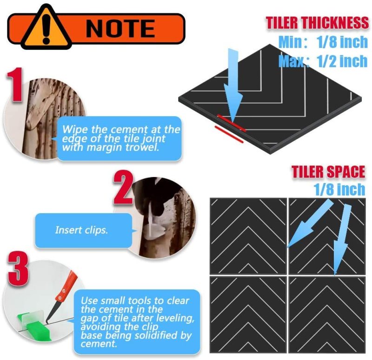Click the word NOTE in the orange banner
pos(120,28)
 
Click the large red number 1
pos(15,85)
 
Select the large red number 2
pos(123,188)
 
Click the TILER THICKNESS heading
pos(318,23)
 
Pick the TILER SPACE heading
pos(328,171)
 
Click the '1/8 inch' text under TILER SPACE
pos(339,189)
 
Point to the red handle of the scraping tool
pos(66,286)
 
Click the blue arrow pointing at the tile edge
pos(233,86)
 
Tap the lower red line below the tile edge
pos(229,135)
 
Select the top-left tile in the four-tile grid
pos(248,236)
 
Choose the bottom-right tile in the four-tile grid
pos(327,314)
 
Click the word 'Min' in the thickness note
pos(289,42)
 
